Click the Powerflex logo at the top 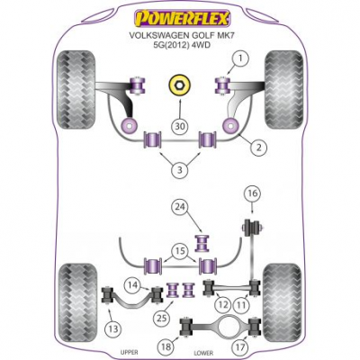click(x=182, y=19)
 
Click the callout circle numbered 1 click(x=240, y=58)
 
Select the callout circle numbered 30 click(x=180, y=127)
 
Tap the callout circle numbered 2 click(x=258, y=147)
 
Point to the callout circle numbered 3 click(x=180, y=170)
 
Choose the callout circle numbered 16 click(x=253, y=193)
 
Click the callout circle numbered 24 click(x=180, y=207)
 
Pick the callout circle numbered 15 click(x=180, y=250)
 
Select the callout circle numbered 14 click(x=133, y=284)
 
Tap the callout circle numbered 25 click(x=162, y=319)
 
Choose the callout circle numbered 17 click(x=240, y=347)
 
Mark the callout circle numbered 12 click(x=222, y=305)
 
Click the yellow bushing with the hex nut click(x=179, y=85)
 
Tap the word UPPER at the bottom click(x=130, y=352)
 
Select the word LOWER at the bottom click(x=203, y=353)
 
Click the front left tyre click(x=76, y=89)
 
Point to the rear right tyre click(x=282, y=303)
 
